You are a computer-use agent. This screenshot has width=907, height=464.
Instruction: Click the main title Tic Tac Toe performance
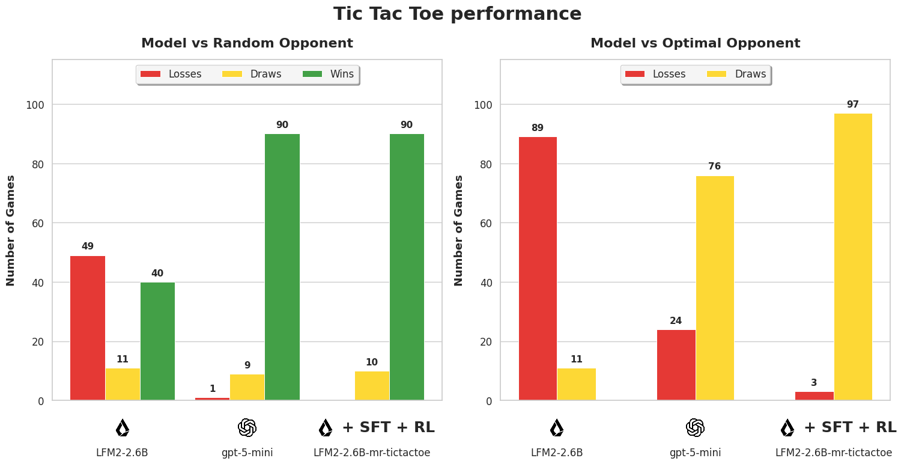457,14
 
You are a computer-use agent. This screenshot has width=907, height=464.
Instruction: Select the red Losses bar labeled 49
88,328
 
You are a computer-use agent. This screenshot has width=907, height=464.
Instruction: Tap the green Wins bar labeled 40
157,341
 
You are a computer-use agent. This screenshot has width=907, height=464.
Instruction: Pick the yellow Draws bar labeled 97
852,257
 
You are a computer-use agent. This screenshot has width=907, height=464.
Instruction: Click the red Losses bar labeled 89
538,268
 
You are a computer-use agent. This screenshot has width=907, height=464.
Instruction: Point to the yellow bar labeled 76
714,288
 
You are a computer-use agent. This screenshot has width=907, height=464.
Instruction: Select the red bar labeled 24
676,365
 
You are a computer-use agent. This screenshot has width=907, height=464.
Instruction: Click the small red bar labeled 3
814,395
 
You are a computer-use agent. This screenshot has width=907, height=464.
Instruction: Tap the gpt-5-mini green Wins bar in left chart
282,267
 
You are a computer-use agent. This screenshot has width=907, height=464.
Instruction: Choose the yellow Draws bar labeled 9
247,387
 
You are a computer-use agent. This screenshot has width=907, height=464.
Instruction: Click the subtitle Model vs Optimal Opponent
695,43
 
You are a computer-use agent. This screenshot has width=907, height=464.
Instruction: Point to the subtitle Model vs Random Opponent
247,43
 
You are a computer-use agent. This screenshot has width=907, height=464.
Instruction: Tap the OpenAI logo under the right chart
695,427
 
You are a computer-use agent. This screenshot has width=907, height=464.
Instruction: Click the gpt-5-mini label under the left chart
247,453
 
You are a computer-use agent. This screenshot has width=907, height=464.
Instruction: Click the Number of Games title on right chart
459,230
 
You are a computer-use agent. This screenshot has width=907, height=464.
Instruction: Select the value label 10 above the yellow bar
372,362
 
